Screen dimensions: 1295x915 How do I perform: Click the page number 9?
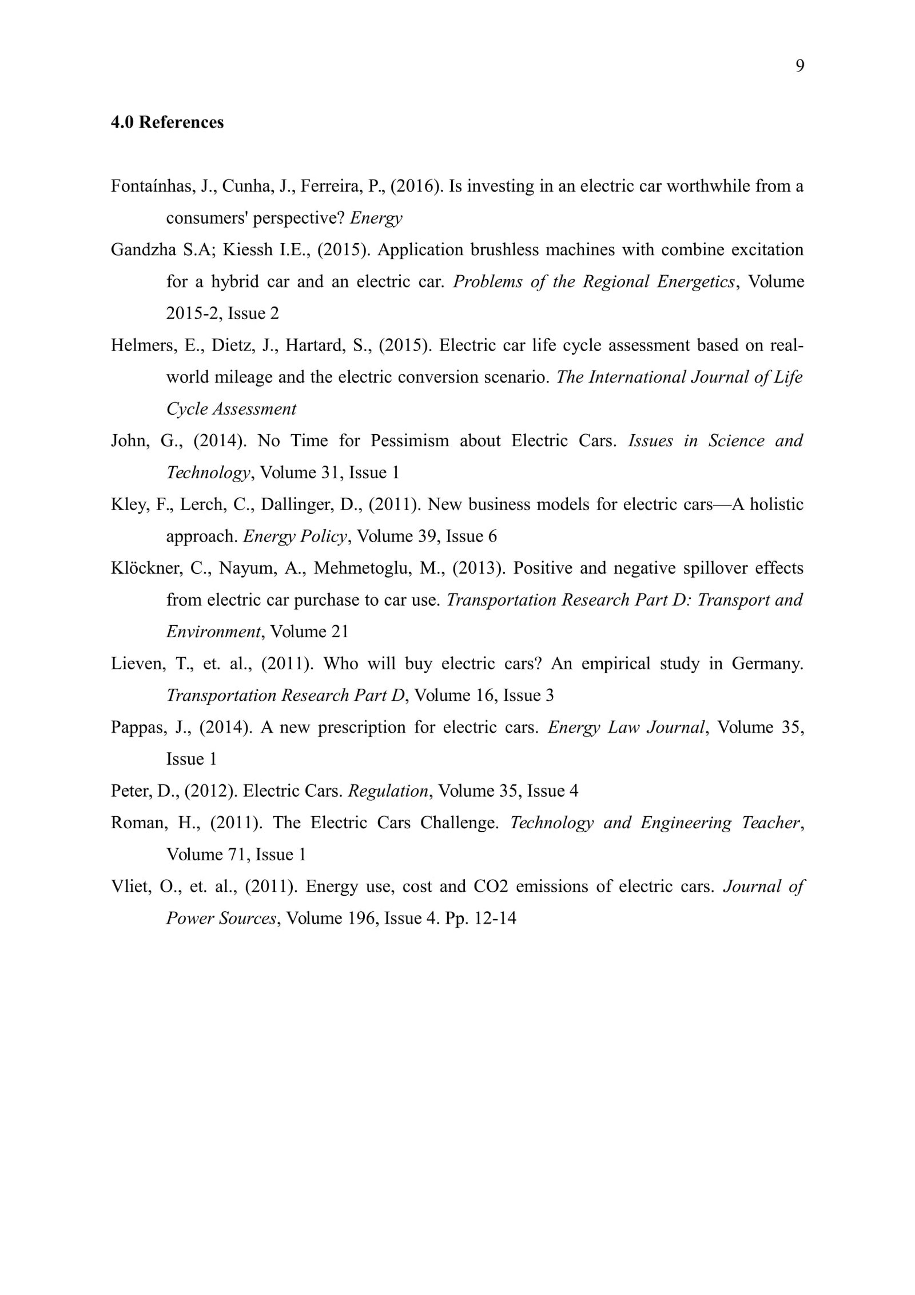[x=799, y=66]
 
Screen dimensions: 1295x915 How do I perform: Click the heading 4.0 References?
[x=167, y=122]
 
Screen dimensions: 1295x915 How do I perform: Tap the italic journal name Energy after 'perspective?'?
[x=376, y=218]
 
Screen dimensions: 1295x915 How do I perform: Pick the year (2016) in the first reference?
[x=416, y=186]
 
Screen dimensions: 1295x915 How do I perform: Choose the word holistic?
[x=776, y=505]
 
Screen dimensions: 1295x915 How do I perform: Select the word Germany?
[x=766, y=664]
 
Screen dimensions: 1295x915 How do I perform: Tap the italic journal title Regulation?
[x=388, y=791]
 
